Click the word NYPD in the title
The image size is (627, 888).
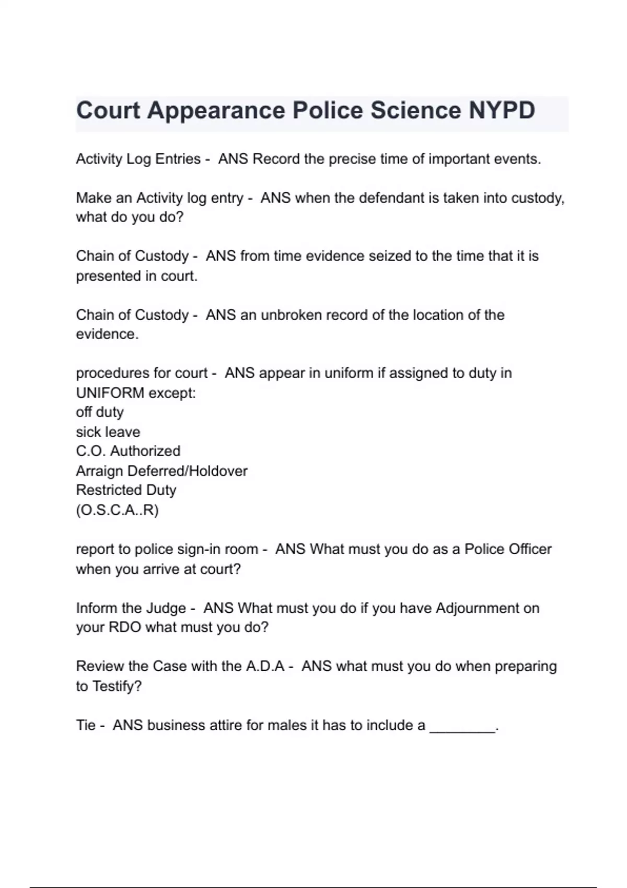pos(502,111)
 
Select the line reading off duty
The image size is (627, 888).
pos(100,412)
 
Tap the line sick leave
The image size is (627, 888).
pos(108,432)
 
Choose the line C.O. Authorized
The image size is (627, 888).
pos(128,451)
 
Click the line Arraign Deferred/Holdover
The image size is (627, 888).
pos(161,471)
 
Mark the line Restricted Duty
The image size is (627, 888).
pos(126,490)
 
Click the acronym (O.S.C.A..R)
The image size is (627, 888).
pos(117,510)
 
